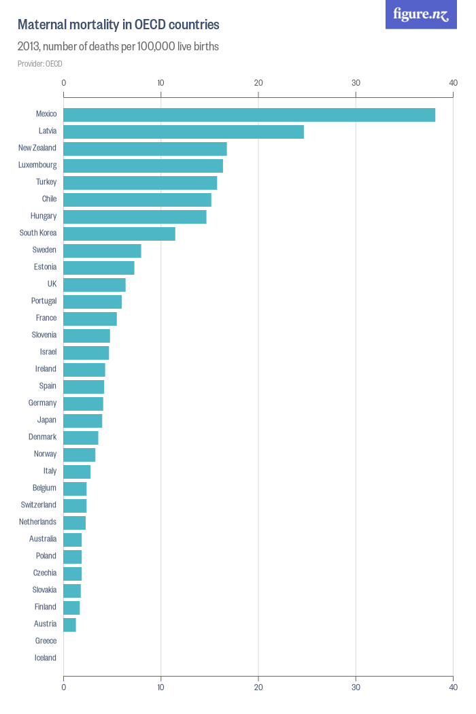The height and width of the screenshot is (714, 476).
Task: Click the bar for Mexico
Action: coord(249,115)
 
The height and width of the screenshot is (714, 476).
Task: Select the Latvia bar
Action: coord(184,132)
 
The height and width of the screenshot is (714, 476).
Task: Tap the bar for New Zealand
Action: coord(145,149)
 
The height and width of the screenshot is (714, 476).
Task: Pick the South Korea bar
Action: coord(119,234)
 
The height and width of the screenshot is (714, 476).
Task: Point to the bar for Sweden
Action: coord(102,251)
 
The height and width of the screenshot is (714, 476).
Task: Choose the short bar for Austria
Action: coord(69,625)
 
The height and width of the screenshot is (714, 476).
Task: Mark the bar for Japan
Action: coord(82,421)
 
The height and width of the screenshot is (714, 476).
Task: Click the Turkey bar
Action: coord(140,183)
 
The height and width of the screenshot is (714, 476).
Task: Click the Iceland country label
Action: coord(46,658)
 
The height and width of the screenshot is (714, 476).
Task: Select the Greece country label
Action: coord(46,641)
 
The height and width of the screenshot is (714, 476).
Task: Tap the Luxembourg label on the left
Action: coord(37,165)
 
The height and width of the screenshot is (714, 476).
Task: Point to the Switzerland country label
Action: coord(39,505)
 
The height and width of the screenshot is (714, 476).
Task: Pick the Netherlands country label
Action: coord(37,522)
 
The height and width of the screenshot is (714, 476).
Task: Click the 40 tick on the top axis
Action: coord(453,83)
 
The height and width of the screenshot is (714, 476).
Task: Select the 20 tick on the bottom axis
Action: coord(258,687)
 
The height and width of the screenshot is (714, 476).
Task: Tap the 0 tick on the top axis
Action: coord(64,83)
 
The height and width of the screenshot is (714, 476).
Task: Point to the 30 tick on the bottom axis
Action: coord(356,687)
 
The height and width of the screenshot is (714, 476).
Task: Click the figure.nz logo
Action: coord(421,14)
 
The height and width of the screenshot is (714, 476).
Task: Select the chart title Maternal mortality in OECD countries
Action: coord(118,25)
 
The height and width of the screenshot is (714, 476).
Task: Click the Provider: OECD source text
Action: coord(39,64)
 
